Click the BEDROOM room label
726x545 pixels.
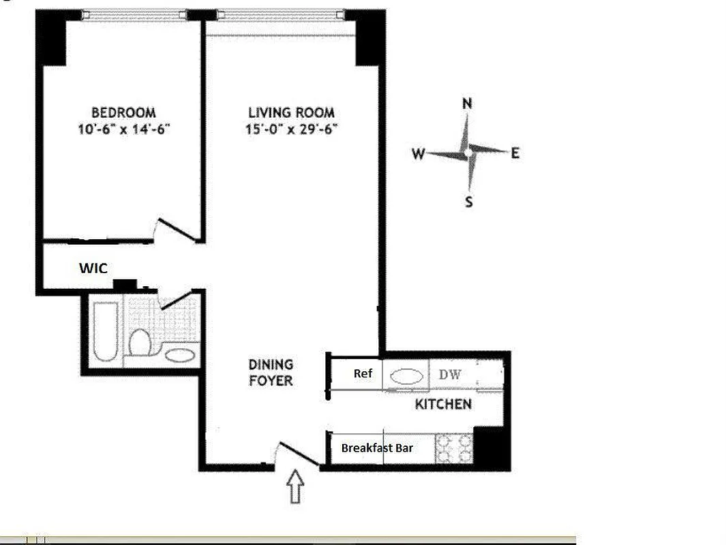(123, 112)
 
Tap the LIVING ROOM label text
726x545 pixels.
(291, 112)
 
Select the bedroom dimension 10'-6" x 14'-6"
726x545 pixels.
(123, 129)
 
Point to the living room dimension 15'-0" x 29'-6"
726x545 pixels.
(292, 129)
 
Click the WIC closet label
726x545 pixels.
(93, 268)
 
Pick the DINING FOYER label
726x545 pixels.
(271, 373)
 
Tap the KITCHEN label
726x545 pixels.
(443, 405)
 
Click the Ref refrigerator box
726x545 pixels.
(362, 374)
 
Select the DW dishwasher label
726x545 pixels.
(450, 375)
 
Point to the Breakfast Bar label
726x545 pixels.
(377, 448)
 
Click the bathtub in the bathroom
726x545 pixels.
(106, 330)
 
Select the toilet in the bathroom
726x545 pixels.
(140, 341)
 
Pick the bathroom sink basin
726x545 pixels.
(179, 355)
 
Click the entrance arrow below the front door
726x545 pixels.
(294, 488)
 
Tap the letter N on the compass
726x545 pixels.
(468, 104)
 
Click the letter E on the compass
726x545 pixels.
(515, 153)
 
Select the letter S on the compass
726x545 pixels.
(469, 202)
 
